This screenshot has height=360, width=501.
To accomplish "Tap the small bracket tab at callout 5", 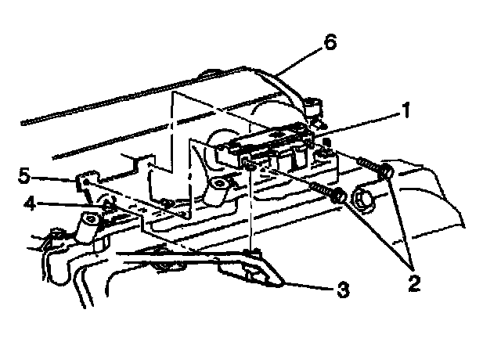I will pos(82,182).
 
